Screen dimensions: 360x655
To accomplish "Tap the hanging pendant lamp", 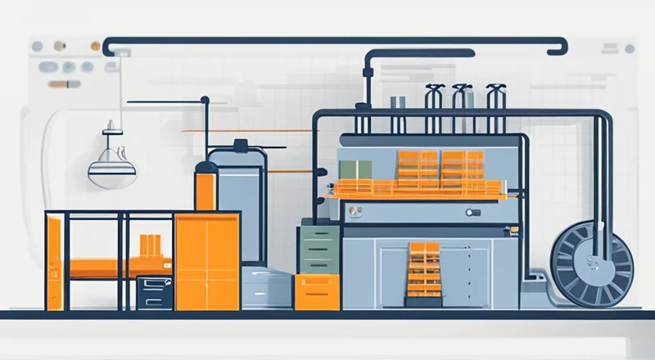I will click(110, 168).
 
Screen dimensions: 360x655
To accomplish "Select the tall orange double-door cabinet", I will click(207, 261).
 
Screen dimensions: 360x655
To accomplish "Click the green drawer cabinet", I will click(318, 250).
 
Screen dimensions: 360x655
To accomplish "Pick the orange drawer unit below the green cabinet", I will click(318, 292).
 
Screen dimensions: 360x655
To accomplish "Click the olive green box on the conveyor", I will click(355, 169).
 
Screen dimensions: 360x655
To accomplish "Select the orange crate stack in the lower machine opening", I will click(423, 269).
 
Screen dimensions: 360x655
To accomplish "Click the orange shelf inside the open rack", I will click(106, 267).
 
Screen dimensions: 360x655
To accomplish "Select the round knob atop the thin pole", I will click(205, 101).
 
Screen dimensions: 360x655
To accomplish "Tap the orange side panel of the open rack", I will click(54, 262).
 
